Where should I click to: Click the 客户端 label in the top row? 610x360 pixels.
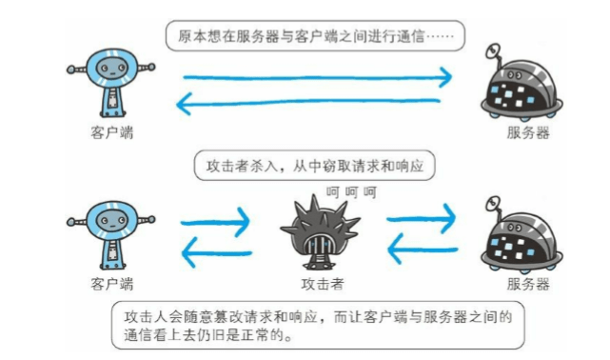pyautogui.click(x=112, y=132)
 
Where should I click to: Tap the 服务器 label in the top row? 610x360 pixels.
pyautogui.click(x=528, y=132)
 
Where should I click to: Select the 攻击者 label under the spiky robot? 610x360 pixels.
pyautogui.click(x=323, y=284)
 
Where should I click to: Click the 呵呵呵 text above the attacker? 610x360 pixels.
pyautogui.click(x=351, y=192)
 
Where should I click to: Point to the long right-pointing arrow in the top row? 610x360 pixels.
pyautogui.click(x=318, y=77)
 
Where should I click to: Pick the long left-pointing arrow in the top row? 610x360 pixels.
pyautogui.click(x=308, y=103)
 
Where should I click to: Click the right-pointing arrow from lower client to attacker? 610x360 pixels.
pyautogui.click(x=215, y=222)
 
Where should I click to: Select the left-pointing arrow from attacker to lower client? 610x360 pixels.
pyautogui.click(x=217, y=253)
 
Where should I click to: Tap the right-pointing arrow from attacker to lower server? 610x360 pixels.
pyautogui.click(x=421, y=219)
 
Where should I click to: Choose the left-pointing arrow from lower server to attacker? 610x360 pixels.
pyautogui.click(x=423, y=249)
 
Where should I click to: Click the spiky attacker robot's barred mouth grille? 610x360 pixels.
pyautogui.click(x=320, y=245)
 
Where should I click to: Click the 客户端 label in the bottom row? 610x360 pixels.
pyautogui.click(x=112, y=284)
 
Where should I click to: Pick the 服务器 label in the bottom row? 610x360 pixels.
pyautogui.click(x=528, y=284)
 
